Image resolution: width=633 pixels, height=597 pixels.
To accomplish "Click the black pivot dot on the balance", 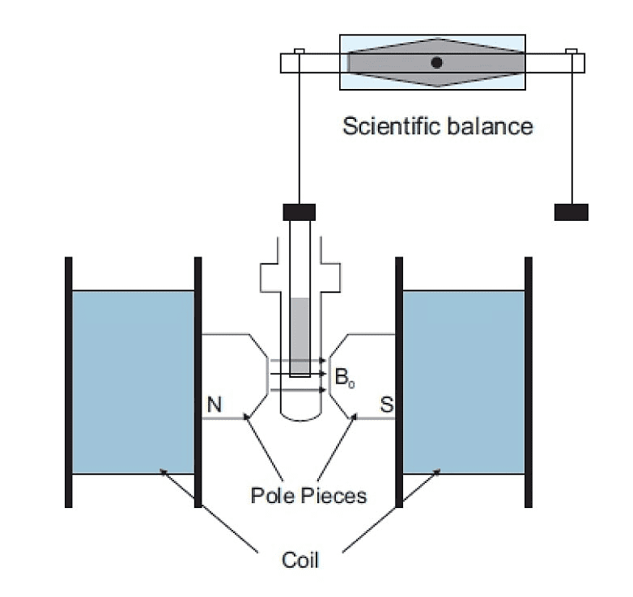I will [436, 62].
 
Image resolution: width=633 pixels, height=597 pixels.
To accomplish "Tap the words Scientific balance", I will [438, 126].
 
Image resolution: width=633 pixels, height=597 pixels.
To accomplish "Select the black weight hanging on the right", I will [571, 212].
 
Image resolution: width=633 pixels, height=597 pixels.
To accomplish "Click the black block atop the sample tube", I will [299, 213].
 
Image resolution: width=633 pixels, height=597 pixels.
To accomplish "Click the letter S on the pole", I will [386, 404].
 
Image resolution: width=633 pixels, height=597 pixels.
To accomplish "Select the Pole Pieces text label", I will [308, 494].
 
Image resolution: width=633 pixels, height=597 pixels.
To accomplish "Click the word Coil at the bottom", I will [300, 558].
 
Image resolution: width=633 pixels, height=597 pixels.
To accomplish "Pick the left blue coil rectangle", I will [134, 382].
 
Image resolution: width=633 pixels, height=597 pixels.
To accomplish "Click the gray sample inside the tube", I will [300, 336].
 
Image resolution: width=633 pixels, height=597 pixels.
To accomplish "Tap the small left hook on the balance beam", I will [299, 53].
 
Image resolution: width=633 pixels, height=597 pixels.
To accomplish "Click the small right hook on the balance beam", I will [571, 53].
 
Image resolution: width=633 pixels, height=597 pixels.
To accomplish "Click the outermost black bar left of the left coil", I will [69, 382].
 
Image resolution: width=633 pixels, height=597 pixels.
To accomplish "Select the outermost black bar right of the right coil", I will [529, 382].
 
